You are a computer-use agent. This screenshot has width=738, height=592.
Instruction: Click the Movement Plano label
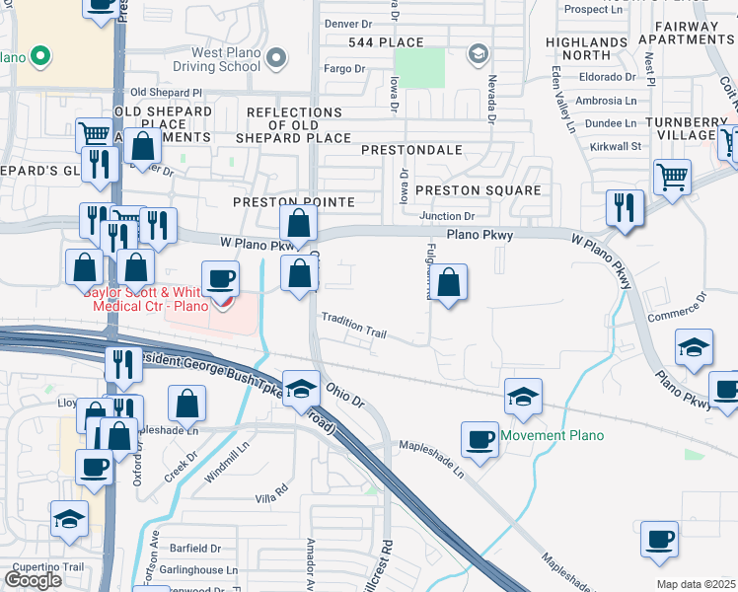[x=552, y=435]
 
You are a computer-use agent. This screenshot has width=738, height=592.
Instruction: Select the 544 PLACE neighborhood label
[x=386, y=42]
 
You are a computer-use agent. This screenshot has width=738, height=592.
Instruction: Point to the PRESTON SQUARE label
[x=478, y=190]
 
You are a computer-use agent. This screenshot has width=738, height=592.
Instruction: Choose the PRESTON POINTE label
[x=293, y=201]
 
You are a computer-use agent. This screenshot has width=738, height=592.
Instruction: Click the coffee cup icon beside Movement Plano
[x=480, y=438]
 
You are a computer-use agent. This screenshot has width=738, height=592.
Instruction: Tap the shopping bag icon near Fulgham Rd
[x=449, y=282]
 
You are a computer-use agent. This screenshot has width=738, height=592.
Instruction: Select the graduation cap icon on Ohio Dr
[x=302, y=386]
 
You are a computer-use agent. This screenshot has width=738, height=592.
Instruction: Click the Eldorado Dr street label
[x=609, y=77]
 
